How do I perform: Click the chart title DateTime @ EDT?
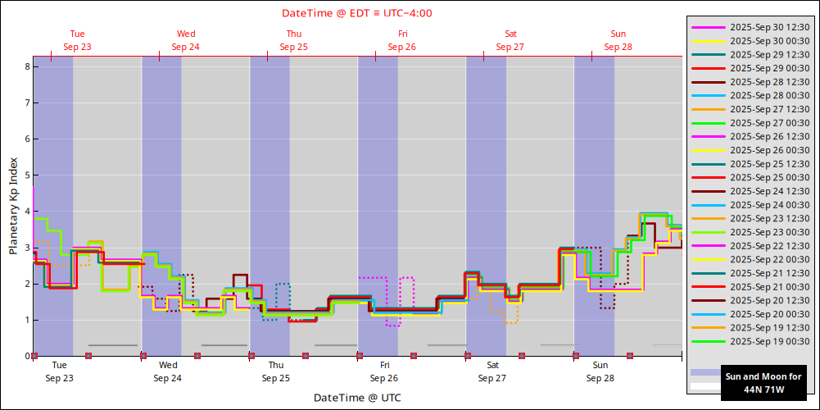point(357,13)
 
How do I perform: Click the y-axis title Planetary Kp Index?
point(13,204)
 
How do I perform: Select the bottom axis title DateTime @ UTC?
point(356,398)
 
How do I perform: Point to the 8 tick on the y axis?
point(26,66)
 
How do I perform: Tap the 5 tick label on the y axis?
point(26,175)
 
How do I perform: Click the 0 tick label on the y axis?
point(26,356)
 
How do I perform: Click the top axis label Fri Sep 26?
point(401,40)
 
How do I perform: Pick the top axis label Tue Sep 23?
point(77,40)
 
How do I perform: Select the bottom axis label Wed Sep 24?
point(167,371)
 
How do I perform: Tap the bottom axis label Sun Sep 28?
point(600,371)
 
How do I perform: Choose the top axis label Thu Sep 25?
point(293,40)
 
